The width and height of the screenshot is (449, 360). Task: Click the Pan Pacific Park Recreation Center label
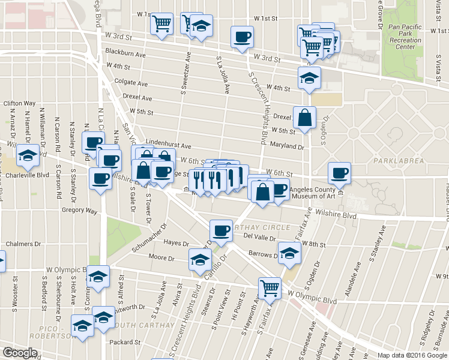pyautogui.click(x=410, y=37)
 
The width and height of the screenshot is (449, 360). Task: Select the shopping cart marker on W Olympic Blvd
pyautogui.click(x=270, y=289)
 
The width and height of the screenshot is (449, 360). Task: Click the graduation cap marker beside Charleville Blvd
pyautogui.click(x=27, y=156)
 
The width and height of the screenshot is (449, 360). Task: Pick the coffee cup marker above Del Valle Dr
pyautogui.click(x=221, y=230)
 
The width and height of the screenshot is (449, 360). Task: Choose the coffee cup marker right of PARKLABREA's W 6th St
pyautogui.click(x=340, y=173)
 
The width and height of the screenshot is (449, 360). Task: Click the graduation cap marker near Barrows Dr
pyautogui.click(x=289, y=252)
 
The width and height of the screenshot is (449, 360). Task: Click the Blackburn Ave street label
pyautogui.click(x=125, y=53)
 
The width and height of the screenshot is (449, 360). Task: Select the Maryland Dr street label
pyautogui.click(x=287, y=146)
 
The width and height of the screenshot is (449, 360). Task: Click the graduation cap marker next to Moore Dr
pyautogui.click(x=200, y=259)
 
